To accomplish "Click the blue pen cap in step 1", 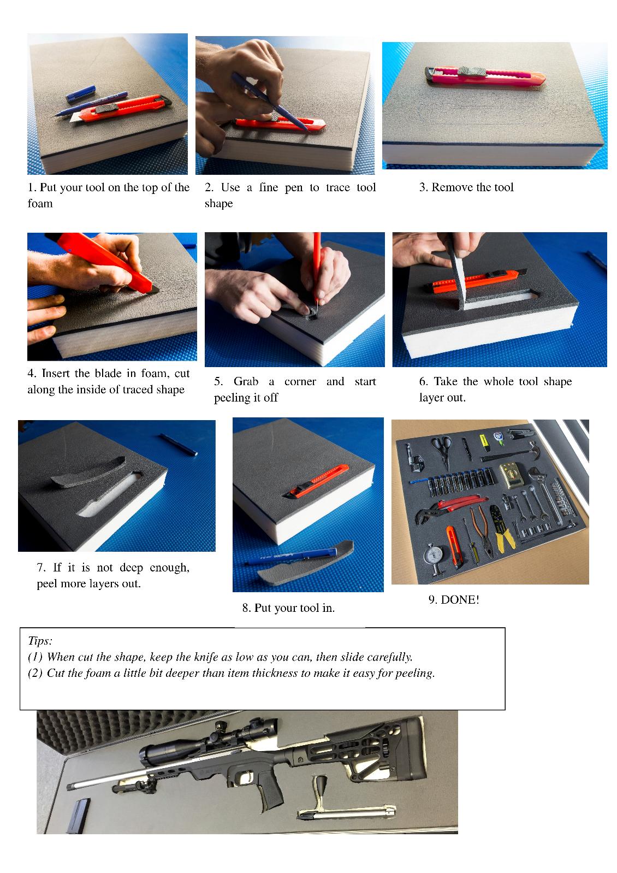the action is [x=81, y=93].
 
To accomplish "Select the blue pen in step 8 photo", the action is [x=290, y=556].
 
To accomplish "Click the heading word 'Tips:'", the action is [x=40, y=641].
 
